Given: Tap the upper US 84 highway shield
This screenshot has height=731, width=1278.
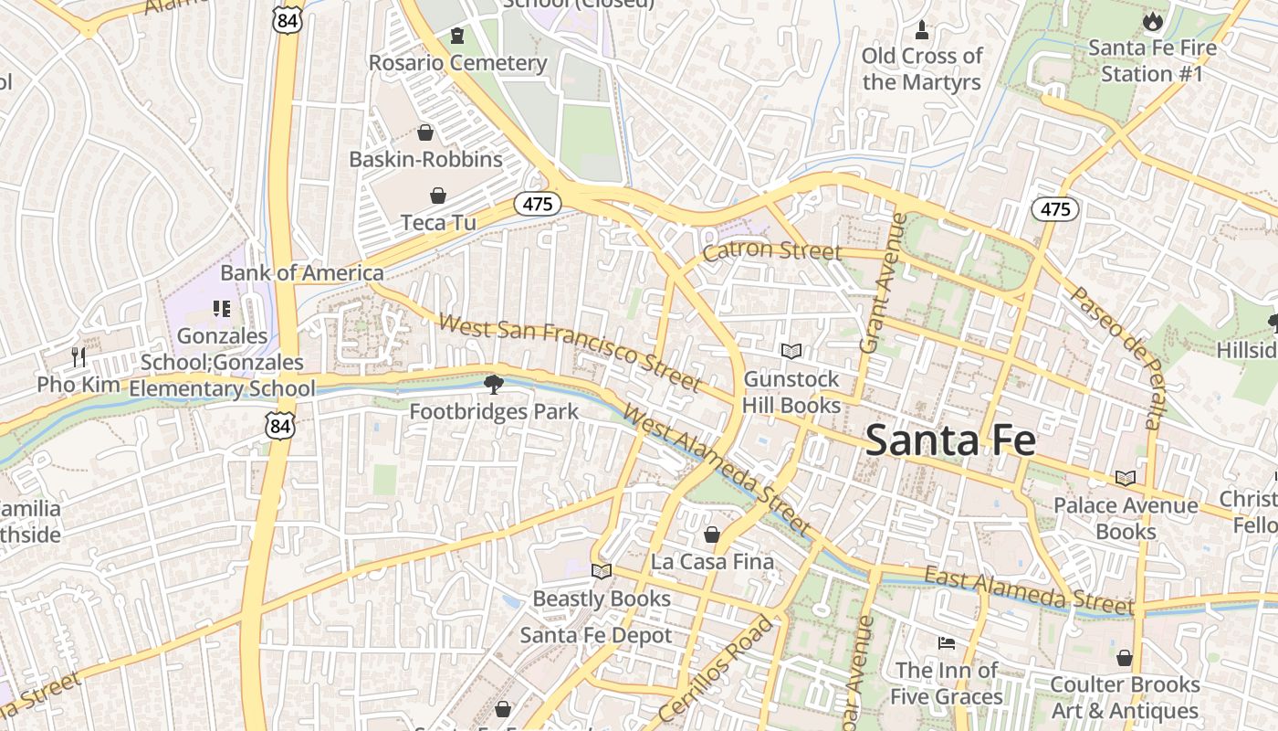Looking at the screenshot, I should coord(288,19).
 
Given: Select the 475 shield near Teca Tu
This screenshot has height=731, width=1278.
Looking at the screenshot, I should coord(537,204).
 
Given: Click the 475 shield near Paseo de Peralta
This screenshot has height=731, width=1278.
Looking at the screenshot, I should coord(1055,209).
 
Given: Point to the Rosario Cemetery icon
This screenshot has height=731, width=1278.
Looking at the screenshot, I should coord(457,36).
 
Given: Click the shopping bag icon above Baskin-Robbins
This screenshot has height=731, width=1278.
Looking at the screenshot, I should coord(424,132).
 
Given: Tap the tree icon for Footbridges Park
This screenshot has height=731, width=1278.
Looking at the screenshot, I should coord(494,384).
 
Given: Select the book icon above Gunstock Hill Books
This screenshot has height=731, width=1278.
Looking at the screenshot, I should coord(791,351).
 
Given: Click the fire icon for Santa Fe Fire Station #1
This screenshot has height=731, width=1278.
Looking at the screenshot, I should coord(1152,20).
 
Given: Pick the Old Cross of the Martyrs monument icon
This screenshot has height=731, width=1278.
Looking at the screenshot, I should coord(922,29).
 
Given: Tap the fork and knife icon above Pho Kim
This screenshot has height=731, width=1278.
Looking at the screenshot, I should coord(79,356).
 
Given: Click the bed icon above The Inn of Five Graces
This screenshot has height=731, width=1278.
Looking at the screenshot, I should coord(947,643).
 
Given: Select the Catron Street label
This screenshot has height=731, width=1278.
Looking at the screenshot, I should coord(771,249).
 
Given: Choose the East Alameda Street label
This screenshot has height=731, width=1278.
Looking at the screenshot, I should coord(1029,590).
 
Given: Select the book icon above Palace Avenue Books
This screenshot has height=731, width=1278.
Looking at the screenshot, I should coord(1125,478).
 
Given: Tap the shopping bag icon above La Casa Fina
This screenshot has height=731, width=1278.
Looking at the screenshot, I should coord(711,535).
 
